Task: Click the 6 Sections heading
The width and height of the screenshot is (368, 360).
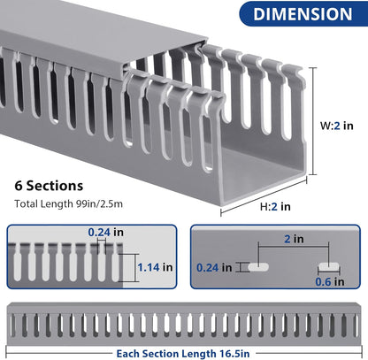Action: [50, 187]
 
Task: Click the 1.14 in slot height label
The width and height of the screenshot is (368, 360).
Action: [156, 266]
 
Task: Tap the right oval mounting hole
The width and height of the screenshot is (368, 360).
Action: [329, 264]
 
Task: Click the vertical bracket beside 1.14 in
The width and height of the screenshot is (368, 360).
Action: [130, 265]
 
